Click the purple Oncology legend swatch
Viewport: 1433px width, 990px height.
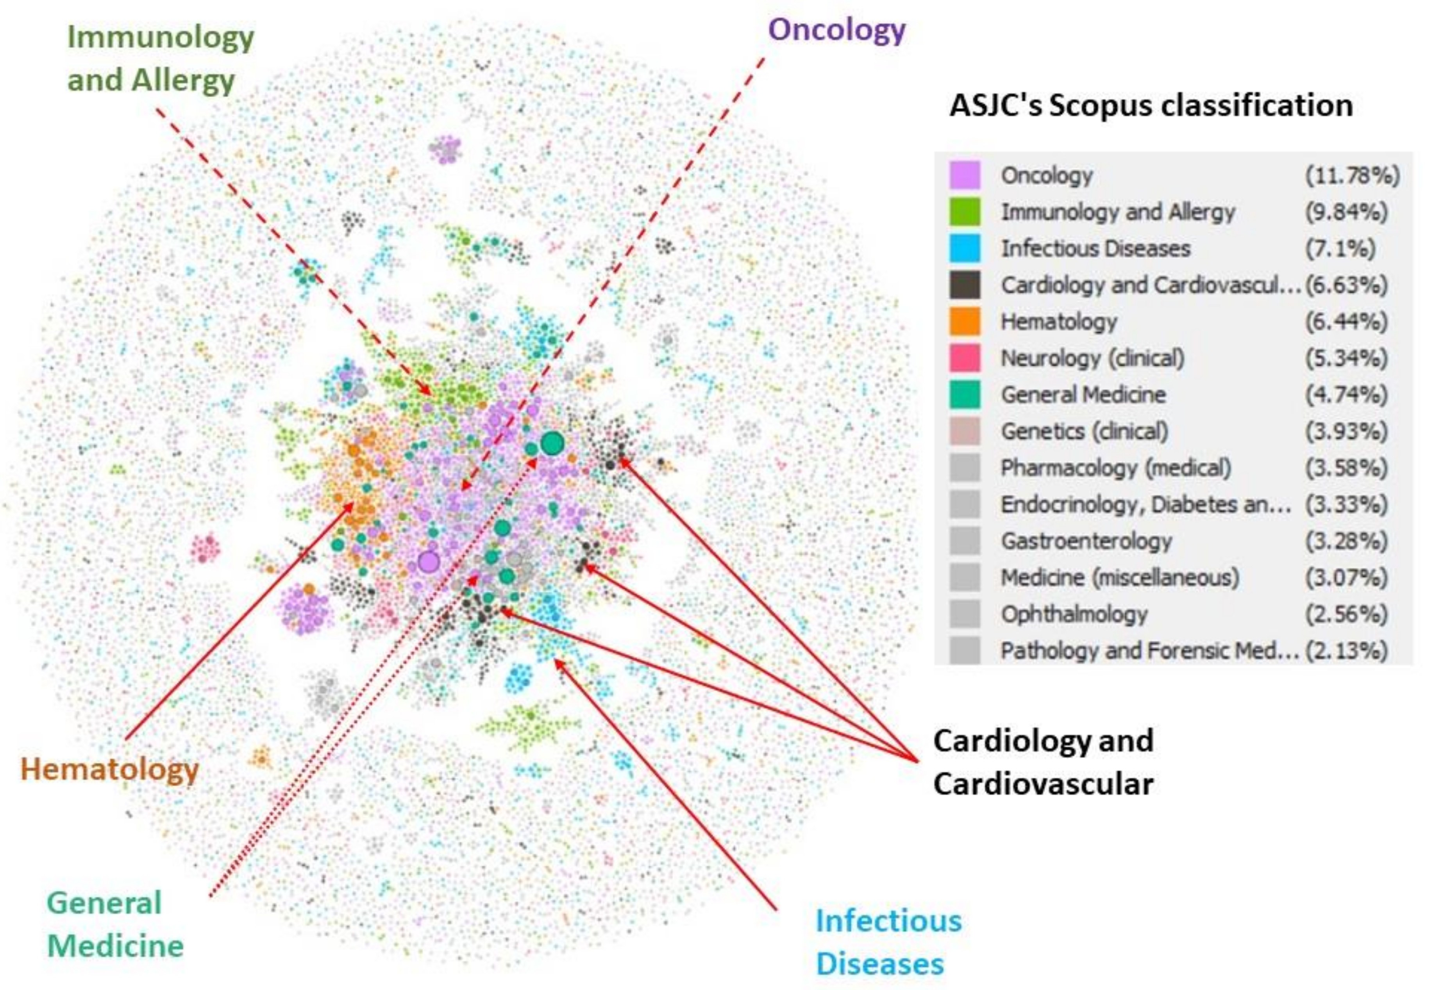click(965, 175)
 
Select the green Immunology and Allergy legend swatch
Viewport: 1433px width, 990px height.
click(965, 212)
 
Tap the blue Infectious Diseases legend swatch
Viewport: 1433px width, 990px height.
click(965, 248)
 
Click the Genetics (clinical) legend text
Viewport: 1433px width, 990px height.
click(1084, 431)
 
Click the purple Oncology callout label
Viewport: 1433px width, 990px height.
click(836, 30)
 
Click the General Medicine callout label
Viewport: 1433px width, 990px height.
click(115, 924)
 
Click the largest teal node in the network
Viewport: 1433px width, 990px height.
click(552, 443)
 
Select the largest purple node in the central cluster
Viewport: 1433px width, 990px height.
click(428, 562)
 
